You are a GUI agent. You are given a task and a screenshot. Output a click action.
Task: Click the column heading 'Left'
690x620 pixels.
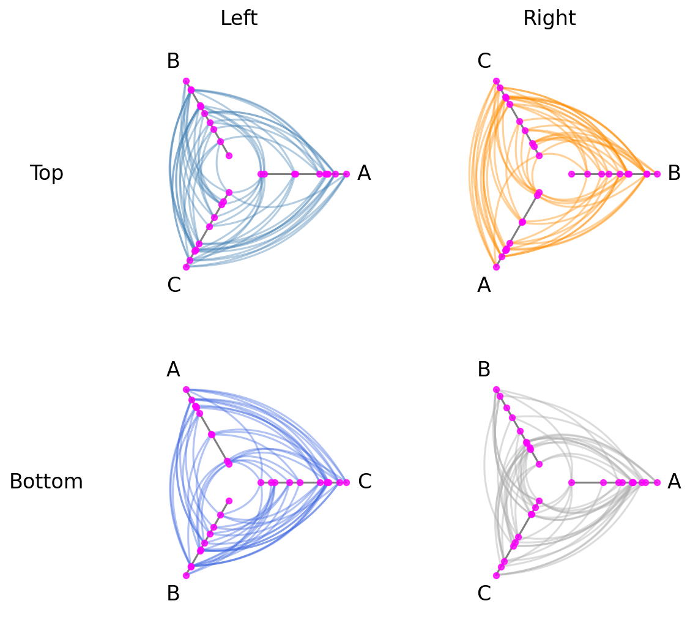coord(239,18)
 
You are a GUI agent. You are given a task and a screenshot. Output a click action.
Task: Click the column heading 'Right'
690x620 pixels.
coord(549,18)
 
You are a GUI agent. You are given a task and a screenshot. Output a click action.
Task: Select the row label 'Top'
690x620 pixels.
coord(46,173)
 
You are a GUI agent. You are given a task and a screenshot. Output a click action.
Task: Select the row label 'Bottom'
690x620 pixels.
coord(46,481)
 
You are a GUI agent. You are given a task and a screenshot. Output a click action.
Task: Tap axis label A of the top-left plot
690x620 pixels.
coord(364,173)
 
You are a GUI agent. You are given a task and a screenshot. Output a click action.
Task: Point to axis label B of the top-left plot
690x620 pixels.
coord(173,61)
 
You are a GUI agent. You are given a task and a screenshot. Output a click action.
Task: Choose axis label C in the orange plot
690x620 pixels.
coord(484,61)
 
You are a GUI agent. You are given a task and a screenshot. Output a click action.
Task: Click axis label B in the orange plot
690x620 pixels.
coord(674,173)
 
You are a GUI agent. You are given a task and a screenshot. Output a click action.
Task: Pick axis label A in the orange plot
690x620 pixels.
coord(484,285)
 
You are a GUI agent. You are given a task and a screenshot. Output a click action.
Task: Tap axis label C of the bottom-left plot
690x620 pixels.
coord(365,481)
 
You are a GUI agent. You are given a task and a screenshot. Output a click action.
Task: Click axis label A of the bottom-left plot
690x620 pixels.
coord(173,370)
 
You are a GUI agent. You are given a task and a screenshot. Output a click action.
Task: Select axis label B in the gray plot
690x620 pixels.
coord(484,370)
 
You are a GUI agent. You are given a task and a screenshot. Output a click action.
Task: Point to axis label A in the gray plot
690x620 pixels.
coord(674,481)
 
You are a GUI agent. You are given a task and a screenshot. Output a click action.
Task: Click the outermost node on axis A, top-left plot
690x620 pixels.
coord(346,174)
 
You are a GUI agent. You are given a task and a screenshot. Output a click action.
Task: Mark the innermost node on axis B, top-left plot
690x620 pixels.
coord(229,155)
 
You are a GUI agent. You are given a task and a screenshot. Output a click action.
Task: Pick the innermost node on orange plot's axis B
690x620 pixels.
coord(571,174)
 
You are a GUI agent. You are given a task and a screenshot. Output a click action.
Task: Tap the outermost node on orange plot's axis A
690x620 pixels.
coord(496,267)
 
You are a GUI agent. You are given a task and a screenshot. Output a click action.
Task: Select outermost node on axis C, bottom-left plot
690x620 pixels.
coord(346,483)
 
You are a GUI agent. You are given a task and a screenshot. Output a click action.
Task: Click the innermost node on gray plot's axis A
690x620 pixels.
coord(571,483)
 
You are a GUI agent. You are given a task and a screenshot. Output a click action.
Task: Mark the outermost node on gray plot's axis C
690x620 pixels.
coord(496,575)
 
